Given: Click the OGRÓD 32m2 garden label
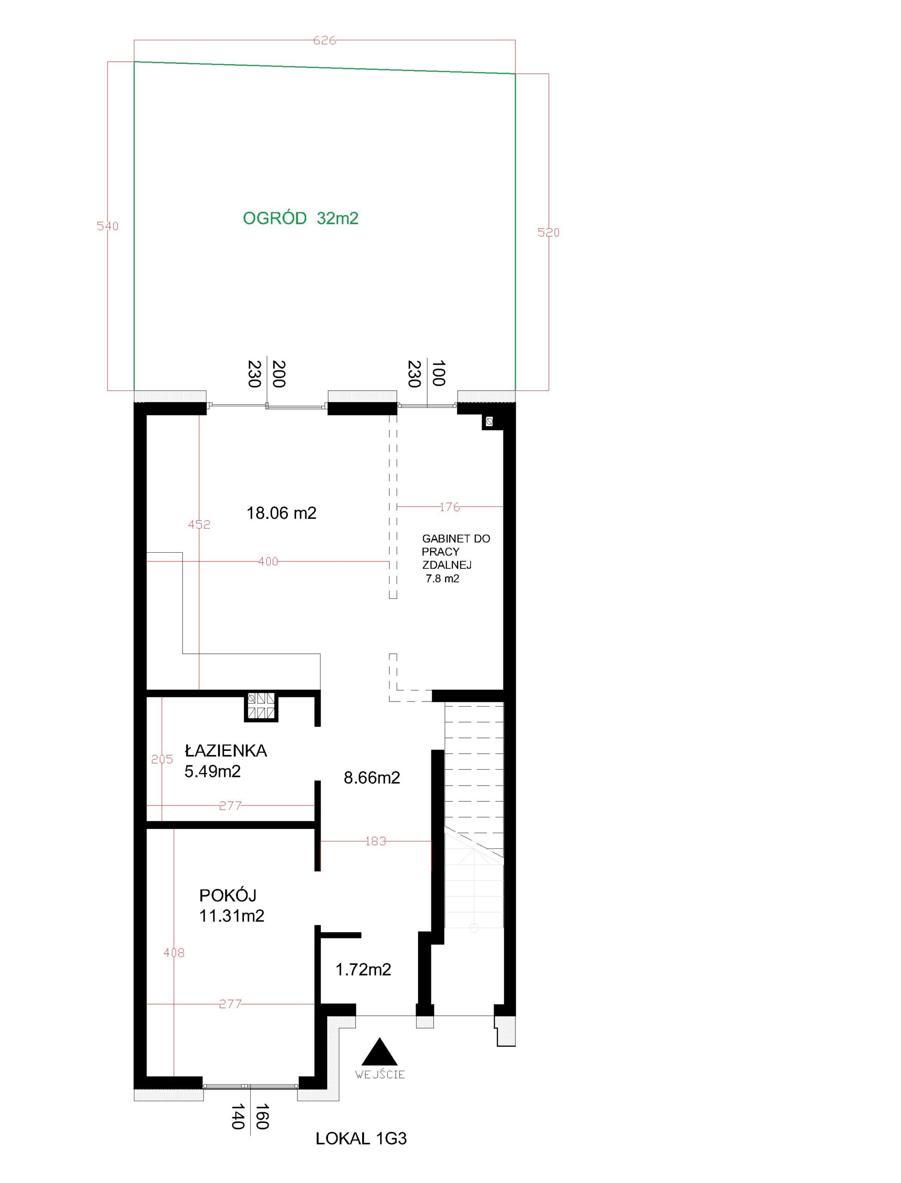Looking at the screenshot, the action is click(300, 219).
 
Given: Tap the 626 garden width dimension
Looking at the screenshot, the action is click(325, 41).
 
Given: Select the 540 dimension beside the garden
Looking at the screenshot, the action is click(108, 226).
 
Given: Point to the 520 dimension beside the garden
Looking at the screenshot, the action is click(549, 232).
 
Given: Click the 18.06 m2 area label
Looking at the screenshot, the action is click(282, 513).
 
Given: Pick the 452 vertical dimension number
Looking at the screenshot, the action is click(199, 524).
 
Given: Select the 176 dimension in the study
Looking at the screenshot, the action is click(450, 506).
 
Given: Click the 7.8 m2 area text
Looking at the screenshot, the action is click(442, 579).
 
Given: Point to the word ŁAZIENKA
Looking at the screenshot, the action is click(226, 750).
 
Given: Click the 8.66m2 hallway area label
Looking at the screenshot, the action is click(372, 777).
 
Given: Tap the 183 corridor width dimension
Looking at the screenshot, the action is click(375, 841).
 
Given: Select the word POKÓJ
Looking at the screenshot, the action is click(228, 896).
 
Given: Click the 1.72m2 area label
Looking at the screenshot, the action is click(363, 970).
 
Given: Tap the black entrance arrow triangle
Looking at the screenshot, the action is click(380, 1052).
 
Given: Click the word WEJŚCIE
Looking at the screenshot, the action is click(380, 1074).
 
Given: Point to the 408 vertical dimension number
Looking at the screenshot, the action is click(174, 953).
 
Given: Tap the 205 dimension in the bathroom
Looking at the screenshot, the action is click(162, 759).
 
